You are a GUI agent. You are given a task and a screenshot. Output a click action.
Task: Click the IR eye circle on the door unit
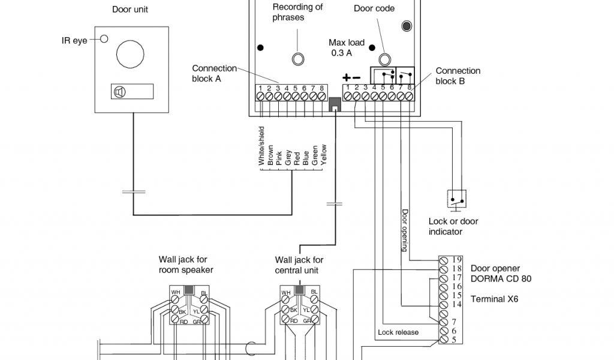click(104, 39)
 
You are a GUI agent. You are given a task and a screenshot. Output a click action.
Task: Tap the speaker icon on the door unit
click(119, 92)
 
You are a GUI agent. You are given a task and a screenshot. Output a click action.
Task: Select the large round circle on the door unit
click(130, 53)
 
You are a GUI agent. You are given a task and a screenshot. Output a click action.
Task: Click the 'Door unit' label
click(130, 10)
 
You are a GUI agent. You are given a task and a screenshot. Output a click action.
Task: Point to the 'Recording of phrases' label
click(297, 12)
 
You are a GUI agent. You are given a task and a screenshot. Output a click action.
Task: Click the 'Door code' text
click(374, 8)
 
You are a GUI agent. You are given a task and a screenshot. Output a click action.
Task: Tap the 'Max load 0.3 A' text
click(346, 47)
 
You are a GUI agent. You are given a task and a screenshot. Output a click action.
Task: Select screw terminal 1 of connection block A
click(260, 96)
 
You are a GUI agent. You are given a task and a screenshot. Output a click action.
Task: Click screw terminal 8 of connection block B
click(409, 96)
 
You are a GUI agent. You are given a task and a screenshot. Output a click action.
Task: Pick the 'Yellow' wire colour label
click(323, 154)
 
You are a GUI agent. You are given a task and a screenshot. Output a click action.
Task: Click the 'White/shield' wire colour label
click(261, 146)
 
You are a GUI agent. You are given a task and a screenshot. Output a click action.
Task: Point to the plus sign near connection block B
click(346, 77)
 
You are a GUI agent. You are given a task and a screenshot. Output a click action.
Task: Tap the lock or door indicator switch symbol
click(456, 199)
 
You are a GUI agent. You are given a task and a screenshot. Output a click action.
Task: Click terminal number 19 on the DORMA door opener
click(456, 259)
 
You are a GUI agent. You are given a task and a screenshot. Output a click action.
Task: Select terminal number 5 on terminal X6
click(455, 340)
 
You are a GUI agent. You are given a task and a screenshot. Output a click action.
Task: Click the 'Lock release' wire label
click(398, 332)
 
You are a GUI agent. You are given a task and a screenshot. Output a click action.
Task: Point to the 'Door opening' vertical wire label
click(405, 230)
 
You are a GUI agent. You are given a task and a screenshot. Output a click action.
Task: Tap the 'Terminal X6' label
click(494, 299)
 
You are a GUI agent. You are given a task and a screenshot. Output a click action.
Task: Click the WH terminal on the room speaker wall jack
click(174, 299)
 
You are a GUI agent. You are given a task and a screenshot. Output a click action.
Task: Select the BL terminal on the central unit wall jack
click(314, 299)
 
